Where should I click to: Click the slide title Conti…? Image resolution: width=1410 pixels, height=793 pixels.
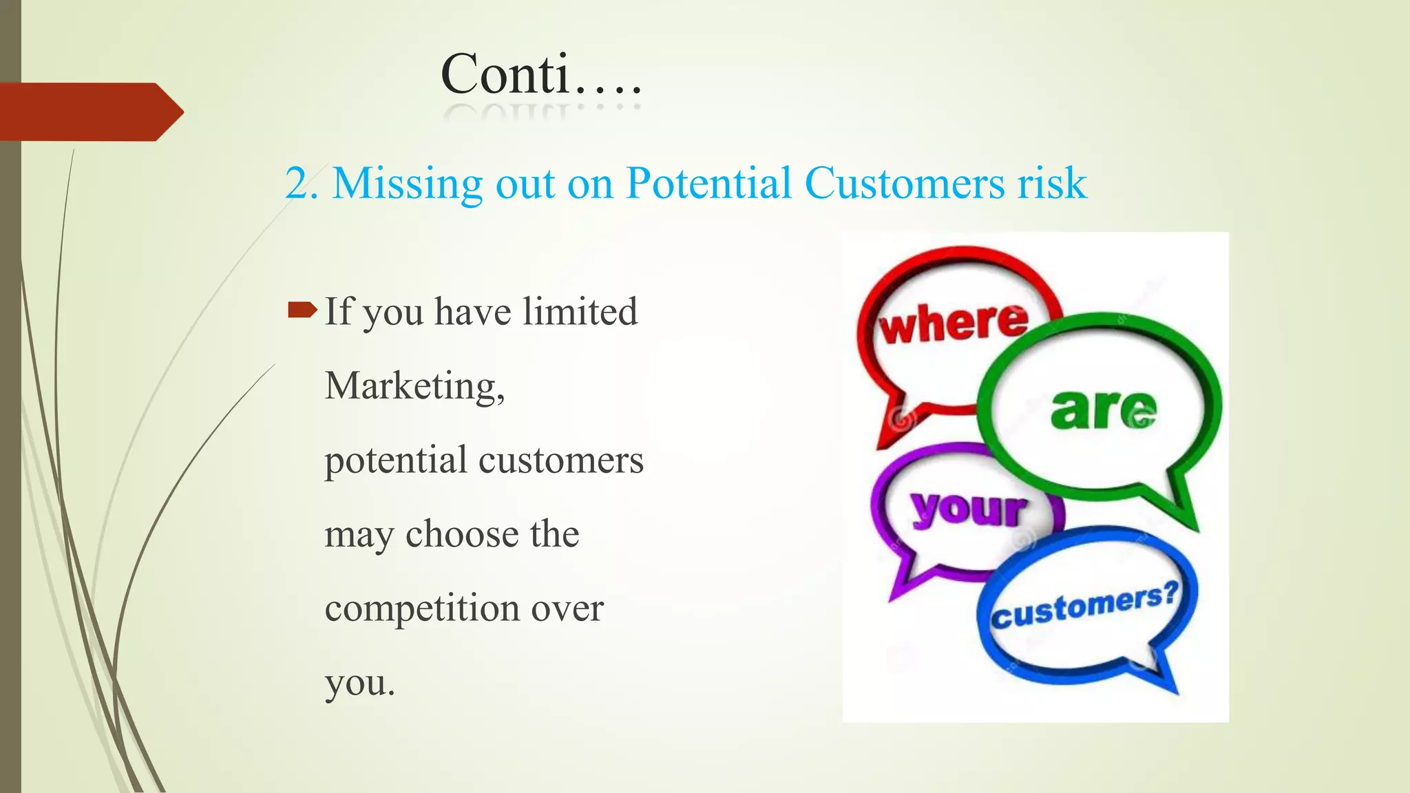(541, 74)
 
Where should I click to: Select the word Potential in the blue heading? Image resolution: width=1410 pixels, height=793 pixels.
(708, 184)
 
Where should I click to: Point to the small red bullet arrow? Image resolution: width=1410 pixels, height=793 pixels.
(302, 310)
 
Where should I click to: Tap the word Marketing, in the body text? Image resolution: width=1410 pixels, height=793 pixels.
(414, 385)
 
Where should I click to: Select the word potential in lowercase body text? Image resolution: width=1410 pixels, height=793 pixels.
(396, 460)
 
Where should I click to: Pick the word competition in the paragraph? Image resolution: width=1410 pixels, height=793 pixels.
(422, 609)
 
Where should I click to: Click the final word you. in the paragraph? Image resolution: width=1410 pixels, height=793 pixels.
(359, 683)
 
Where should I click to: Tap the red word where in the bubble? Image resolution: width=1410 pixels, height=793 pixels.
(954, 322)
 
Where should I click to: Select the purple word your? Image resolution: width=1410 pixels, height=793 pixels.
(968, 509)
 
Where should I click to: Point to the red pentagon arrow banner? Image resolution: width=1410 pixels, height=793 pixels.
(90, 112)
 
